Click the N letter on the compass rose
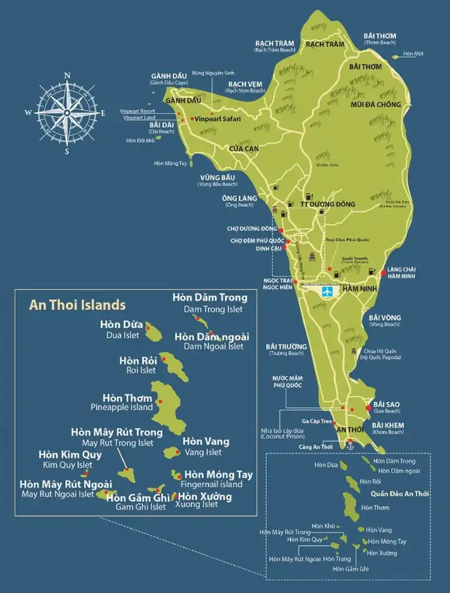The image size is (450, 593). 67,76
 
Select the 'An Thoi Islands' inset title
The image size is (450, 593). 77,305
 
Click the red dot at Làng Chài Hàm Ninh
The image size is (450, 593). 384,272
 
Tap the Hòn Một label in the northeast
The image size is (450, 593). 414,54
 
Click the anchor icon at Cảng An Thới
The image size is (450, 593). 351,446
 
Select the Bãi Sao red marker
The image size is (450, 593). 368,407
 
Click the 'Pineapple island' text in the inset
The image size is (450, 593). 121,407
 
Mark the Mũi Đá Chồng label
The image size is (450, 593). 376,104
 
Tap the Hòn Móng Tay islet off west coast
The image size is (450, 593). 190,163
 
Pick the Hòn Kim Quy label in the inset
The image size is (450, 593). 70,454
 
